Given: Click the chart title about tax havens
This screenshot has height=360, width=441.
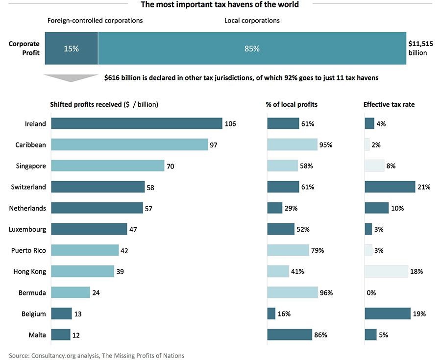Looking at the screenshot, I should [x=220, y=5].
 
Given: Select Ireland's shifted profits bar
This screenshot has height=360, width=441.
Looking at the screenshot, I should [x=136, y=123].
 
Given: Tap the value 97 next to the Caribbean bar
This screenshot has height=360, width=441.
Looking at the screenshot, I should [x=214, y=145].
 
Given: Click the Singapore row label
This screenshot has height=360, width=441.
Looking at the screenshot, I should [x=31, y=166].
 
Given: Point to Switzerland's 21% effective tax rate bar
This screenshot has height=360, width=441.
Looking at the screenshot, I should [x=390, y=187].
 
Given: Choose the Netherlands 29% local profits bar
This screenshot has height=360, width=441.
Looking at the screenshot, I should [x=274, y=208].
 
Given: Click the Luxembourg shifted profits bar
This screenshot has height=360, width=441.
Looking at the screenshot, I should [x=89, y=229].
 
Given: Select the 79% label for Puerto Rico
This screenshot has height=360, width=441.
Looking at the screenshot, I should [x=317, y=250].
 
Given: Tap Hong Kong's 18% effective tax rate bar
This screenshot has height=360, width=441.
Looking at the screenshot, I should [x=386, y=271].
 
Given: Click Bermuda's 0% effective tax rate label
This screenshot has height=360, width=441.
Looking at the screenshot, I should [x=371, y=293].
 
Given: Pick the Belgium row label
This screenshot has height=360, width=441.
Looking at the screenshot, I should [x=34, y=314].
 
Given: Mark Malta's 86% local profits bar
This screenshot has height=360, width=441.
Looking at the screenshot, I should [x=290, y=335].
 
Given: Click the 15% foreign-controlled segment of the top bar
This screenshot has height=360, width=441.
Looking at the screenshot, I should [x=72, y=49].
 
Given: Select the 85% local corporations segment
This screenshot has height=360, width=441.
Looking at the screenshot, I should [x=252, y=49].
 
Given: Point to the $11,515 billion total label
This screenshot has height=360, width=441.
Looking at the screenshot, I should [x=420, y=48].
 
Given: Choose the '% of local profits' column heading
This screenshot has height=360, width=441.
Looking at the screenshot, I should [x=292, y=104].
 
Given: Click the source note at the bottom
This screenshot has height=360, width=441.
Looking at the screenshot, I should [x=97, y=356].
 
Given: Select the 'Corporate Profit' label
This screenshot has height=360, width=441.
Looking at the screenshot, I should [x=24, y=48].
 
